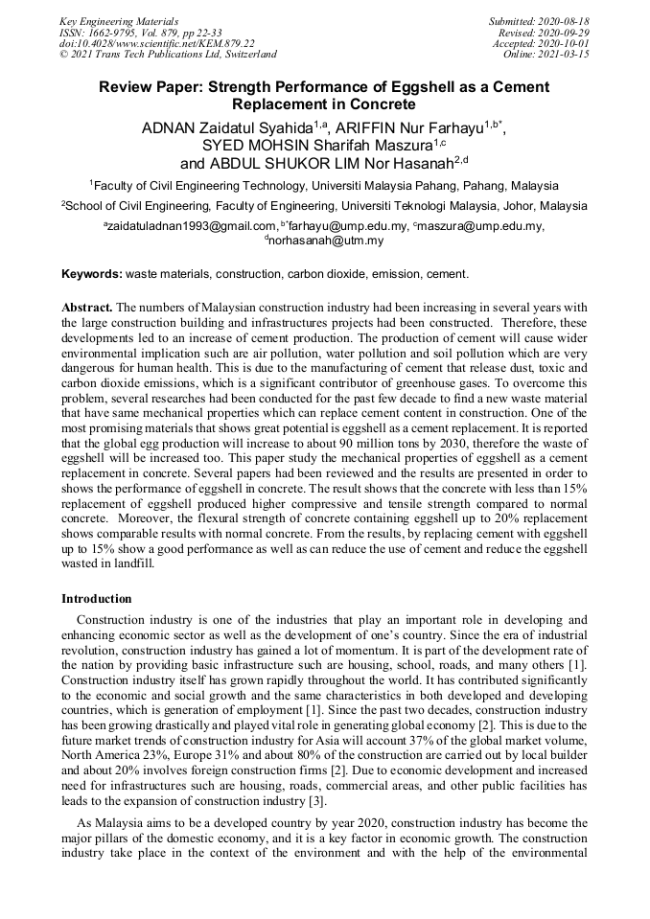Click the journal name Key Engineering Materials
pos(119,21)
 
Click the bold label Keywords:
pos(92,274)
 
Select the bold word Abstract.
pos(87,308)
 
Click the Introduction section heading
pos(97,599)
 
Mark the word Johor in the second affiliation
pos(509,206)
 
